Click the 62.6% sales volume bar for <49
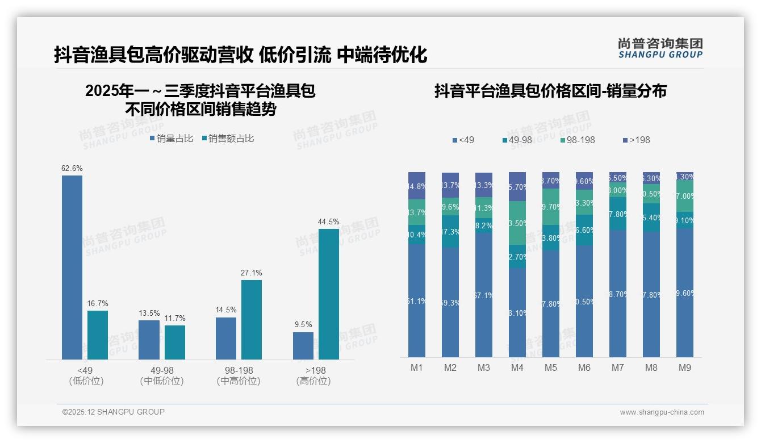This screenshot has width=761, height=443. coord(72,267)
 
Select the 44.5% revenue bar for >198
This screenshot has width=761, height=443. coord(329,294)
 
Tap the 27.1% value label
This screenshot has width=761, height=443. coord(252,273)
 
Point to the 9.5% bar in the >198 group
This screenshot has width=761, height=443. coord(303,345)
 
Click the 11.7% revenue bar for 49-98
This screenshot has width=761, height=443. coord(175,342)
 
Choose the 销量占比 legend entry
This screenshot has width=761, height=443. coord(172,139)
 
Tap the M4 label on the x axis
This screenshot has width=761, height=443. coord(517,368)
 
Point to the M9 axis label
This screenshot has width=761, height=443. coord(685,368)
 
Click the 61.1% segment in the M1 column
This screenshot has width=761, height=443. coord(417,300)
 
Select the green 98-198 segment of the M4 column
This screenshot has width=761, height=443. coord(517,223)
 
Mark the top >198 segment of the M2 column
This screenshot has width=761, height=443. coord(450,185)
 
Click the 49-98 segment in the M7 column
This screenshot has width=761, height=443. coord(618,214)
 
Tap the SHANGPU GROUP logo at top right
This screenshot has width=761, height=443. coord(660,48)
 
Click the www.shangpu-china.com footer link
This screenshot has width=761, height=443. coord(662,412)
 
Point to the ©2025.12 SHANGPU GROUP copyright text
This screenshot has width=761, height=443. coord(114,412)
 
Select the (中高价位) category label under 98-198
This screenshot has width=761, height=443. coord(239,381)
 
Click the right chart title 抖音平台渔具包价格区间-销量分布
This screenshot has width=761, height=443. coord(550,91)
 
